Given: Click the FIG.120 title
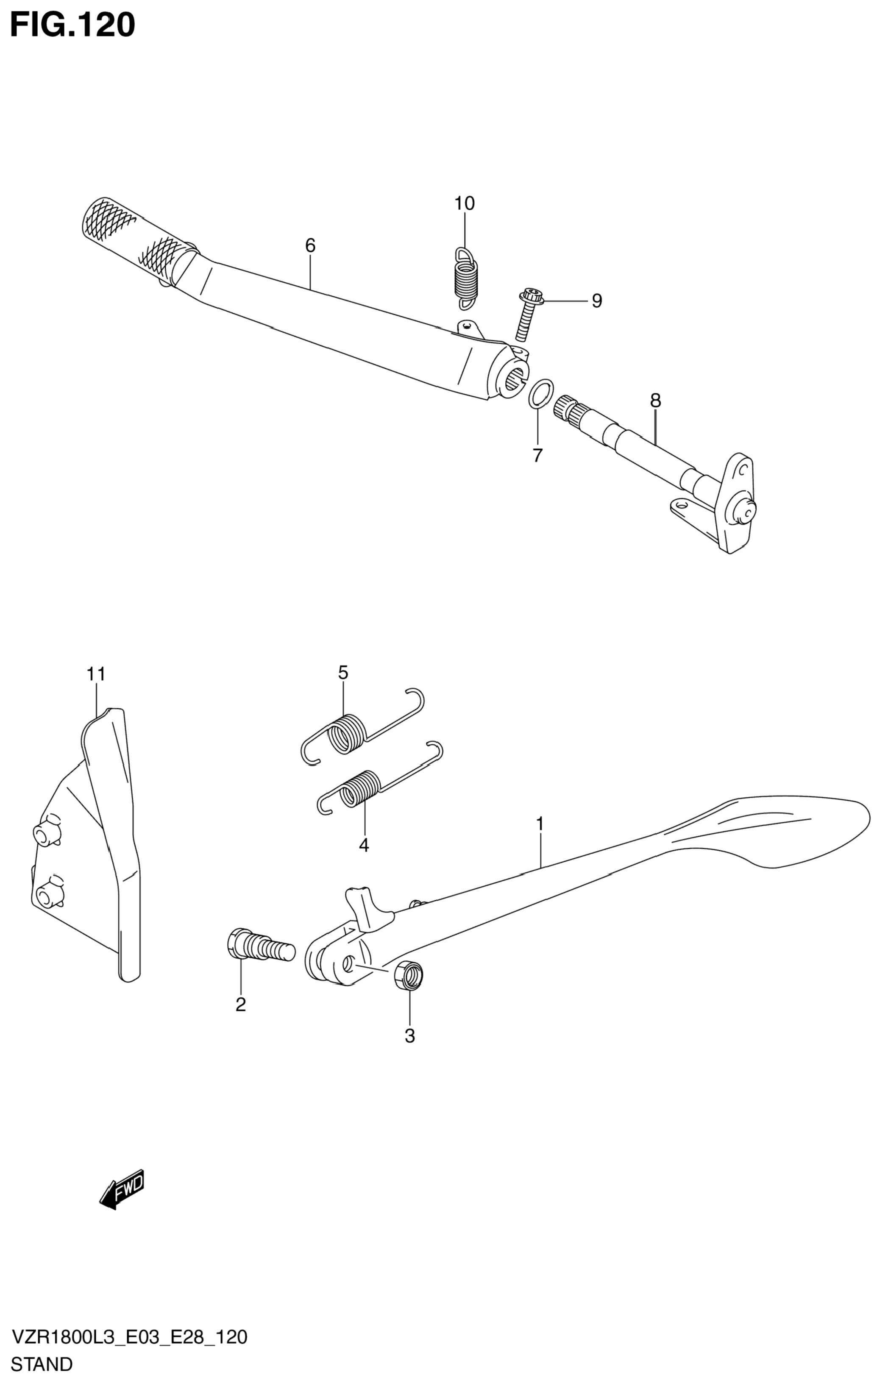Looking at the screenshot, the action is pyautogui.click(x=72, y=26).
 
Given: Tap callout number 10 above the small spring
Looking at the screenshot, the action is pyautogui.click(x=464, y=203).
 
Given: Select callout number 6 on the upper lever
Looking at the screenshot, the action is pyautogui.click(x=310, y=245).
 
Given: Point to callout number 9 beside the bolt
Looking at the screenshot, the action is pyautogui.click(x=596, y=301).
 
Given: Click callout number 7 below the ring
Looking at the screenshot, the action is pyautogui.click(x=537, y=455).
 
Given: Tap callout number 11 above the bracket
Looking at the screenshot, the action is pyautogui.click(x=96, y=674).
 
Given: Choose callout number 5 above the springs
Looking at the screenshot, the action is pyautogui.click(x=342, y=673).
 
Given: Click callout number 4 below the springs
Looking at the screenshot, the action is pyautogui.click(x=364, y=844).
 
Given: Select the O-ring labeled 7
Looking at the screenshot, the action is pyautogui.click(x=540, y=393).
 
